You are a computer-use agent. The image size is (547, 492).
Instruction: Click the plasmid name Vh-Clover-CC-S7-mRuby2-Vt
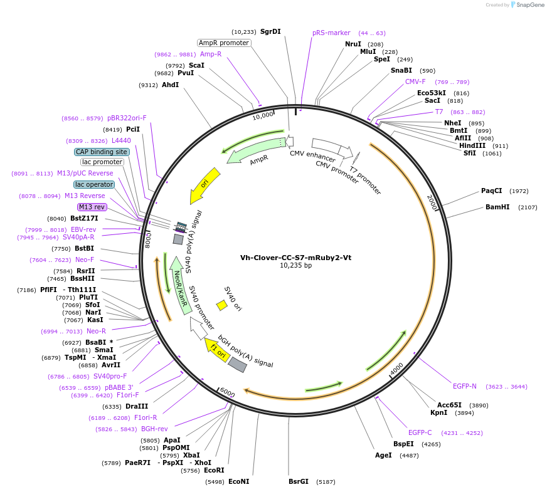tap(295, 257)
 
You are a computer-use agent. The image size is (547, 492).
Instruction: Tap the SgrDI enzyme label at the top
tap(270, 31)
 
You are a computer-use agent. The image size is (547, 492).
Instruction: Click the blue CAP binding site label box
tap(102, 152)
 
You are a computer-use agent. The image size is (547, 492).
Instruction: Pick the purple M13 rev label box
tap(92, 207)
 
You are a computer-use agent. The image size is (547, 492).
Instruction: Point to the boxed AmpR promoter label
tap(223, 43)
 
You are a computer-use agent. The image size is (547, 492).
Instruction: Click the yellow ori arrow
tap(206, 184)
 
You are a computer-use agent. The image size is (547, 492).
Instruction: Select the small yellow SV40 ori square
tap(221, 305)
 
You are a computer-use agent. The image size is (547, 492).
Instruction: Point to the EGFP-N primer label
tap(465, 386)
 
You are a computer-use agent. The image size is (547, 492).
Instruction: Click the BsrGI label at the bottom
tap(299, 482)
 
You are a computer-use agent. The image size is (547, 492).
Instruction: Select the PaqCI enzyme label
tap(492, 191)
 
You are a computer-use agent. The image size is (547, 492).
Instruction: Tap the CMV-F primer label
tap(415, 81)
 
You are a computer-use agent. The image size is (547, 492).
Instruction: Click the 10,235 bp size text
tap(295, 266)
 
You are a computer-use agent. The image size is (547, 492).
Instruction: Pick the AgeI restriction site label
tap(383, 455)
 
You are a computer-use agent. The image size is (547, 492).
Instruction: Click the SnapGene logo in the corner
tap(526, 5)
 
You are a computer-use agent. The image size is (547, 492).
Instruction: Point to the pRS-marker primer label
tap(331, 33)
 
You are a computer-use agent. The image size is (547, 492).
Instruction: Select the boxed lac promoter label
tap(102, 162)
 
